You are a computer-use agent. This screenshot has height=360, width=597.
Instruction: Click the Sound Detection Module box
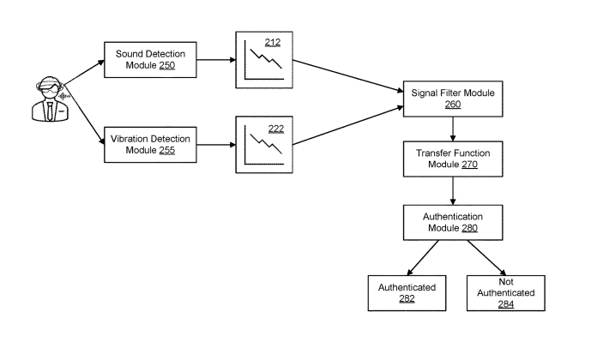point(149,61)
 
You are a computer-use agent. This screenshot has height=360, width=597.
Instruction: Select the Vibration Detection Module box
point(149,144)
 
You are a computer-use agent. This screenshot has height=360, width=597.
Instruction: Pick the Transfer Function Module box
point(453,157)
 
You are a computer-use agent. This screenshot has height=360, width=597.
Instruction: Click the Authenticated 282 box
point(407,293)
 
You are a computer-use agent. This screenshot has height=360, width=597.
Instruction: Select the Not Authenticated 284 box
point(505,293)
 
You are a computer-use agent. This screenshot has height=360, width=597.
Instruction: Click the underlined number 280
point(468,229)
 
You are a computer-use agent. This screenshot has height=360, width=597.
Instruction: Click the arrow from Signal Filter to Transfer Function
point(453,129)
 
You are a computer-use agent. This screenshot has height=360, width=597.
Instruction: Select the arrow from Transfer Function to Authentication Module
point(453,189)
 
